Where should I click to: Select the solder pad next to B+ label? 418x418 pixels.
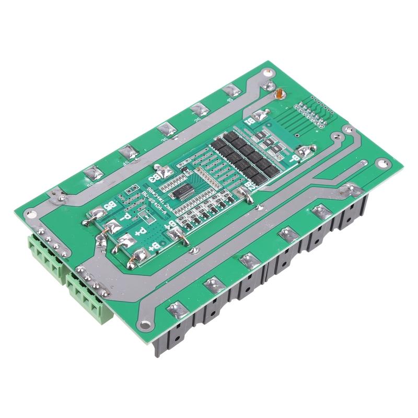140,256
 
